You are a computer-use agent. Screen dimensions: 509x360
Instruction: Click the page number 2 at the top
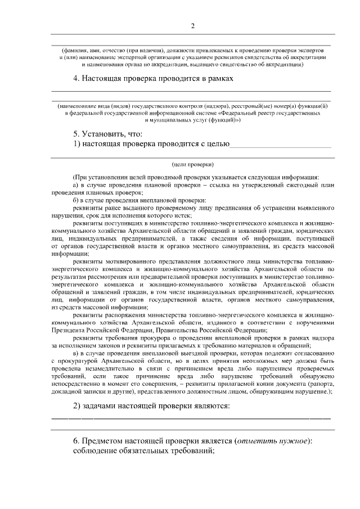click(x=192, y=26)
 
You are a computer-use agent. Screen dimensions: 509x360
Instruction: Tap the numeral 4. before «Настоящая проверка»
click(x=76, y=79)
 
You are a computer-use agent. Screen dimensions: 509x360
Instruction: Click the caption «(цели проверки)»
click(x=192, y=165)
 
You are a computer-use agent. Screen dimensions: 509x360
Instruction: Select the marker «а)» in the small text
click(x=76, y=184)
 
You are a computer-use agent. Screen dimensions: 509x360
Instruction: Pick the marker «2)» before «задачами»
click(x=78, y=406)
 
